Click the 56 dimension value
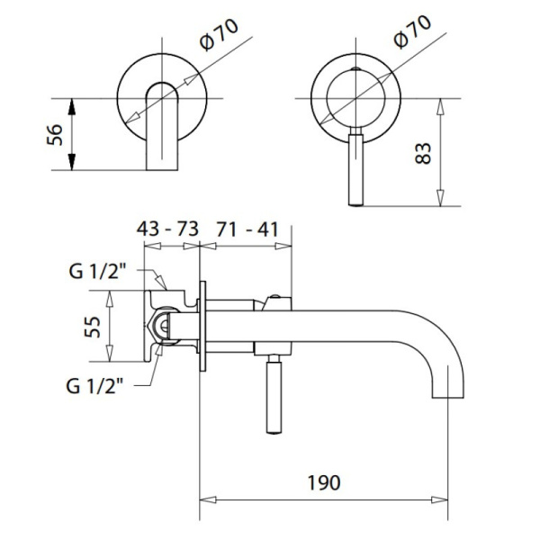coord(55,135)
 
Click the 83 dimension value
coord(423,153)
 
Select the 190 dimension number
coord(324,482)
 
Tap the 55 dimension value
coord(93,327)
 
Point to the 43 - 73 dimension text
coord(167,229)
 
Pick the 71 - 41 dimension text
coord(247,229)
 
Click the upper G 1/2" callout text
coord(95,272)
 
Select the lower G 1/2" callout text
coord(94,386)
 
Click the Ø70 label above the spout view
coord(219,35)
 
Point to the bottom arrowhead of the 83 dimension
coord(440,198)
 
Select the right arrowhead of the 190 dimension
coord(439,499)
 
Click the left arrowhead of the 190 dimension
coord(208,499)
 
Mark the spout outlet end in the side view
coord(447,398)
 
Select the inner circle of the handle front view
coord(355,98)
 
